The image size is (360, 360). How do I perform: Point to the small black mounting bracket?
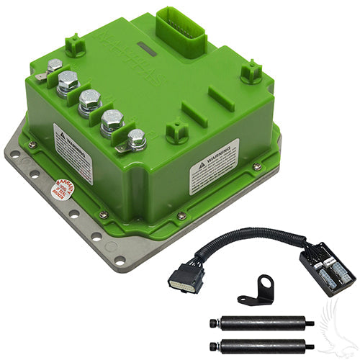(x=251, y=288)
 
